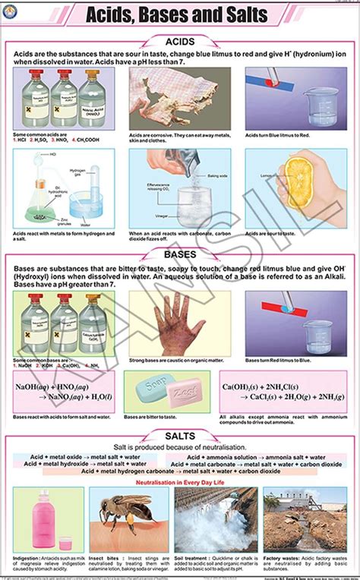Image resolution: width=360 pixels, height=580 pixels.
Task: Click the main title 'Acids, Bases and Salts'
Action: click(x=180, y=14)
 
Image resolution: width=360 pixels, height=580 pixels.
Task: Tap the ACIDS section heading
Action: click(x=180, y=43)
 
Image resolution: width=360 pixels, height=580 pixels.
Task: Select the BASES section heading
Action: click(x=180, y=256)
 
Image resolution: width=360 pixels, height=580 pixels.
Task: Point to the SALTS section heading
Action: click(x=180, y=436)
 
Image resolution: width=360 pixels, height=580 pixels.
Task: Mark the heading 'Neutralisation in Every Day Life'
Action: click(x=180, y=481)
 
